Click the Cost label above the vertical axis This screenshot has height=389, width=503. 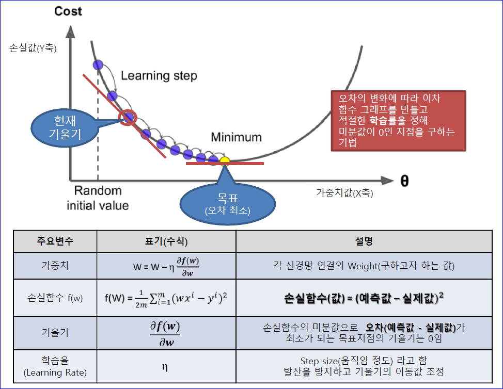[x=68, y=11]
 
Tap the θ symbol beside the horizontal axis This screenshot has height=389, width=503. [x=404, y=181]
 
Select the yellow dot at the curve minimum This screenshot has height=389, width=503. [x=225, y=161]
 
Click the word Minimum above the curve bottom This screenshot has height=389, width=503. [x=236, y=137]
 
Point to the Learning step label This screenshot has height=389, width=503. [x=159, y=76]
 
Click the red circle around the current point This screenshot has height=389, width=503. [x=127, y=118]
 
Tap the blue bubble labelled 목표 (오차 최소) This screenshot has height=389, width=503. [x=227, y=203]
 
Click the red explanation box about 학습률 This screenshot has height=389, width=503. [x=398, y=120]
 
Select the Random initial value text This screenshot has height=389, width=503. [x=98, y=198]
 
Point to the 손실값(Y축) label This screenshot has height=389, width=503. [x=33, y=50]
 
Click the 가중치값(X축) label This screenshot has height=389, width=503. [x=344, y=193]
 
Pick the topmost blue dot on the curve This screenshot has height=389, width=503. [x=98, y=64]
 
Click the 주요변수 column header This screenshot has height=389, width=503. [x=55, y=241]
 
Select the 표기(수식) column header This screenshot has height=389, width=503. [x=166, y=241]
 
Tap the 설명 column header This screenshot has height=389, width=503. [x=364, y=241]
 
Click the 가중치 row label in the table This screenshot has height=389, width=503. [x=55, y=266]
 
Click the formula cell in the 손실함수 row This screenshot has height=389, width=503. [x=166, y=298]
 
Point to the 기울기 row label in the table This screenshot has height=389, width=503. [x=55, y=333]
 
